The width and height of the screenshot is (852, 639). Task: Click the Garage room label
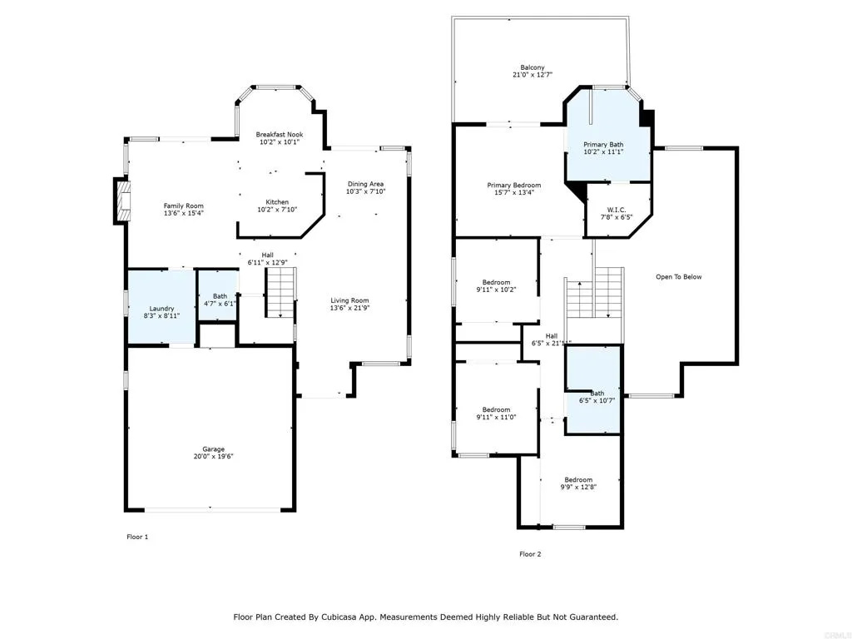pyautogui.click(x=214, y=448)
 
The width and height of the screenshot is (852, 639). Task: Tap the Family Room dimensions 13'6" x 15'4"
pyautogui.click(x=184, y=214)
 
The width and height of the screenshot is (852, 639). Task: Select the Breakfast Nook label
pyautogui.click(x=280, y=134)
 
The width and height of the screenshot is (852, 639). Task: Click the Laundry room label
pyautogui.click(x=162, y=308)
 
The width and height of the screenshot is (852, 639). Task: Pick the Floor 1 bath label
pyautogui.click(x=220, y=296)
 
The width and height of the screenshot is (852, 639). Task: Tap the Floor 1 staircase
pyautogui.click(x=280, y=292)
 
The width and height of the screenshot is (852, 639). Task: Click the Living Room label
pyautogui.click(x=350, y=300)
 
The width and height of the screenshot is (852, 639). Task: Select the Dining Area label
pyautogui.click(x=366, y=184)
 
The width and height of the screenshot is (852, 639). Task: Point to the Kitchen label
pyautogui.click(x=277, y=202)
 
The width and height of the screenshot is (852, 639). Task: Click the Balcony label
pyautogui.click(x=532, y=67)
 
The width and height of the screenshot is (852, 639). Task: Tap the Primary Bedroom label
pyautogui.click(x=514, y=185)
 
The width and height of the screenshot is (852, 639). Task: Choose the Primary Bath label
pyautogui.click(x=603, y=144)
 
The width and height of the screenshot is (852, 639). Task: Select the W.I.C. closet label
pyautogui.click(x=617, y=210)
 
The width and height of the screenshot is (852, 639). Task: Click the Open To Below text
pyautogui.click(x=679, y=276)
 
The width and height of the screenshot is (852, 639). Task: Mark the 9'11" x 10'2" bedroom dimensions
pyautogui.click(x=496, y=290)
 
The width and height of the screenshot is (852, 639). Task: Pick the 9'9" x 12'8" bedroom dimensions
pyautogui.click(x=579, y=488)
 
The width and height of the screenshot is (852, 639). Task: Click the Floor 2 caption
pyautogui.click(x=530, y=554)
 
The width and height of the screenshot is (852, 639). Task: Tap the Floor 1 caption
pyautogui.click(x=137, y=537)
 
